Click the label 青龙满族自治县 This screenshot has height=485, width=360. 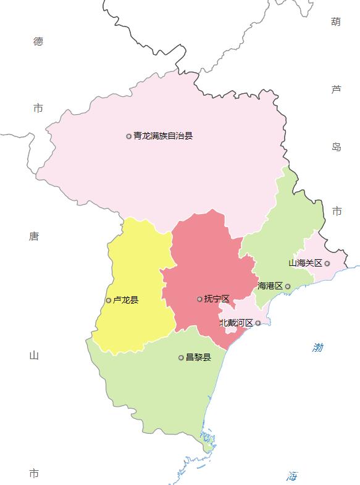pyautogui.click(x=163, y=136)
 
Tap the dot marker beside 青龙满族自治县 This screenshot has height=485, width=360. pyautogui.click(x=129, y=136)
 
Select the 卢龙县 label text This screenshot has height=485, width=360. pyautogui.click(x=126, y=301)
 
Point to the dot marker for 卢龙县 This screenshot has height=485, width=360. pyautogui.click(x=109, y=301)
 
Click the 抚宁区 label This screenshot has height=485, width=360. pyautogui.click(x=217, y=299)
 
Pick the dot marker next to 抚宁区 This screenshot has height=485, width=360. pyautogui.click(x=199, y=299)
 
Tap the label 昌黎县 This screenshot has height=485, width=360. pyautogui.click(x=198, y=357)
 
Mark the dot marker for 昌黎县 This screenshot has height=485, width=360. pyautogui.click(x=181, y=357)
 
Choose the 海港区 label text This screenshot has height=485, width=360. pyautogui.click(x=270, y=286)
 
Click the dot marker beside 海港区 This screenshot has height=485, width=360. pyautogui.click(x=288, y=286)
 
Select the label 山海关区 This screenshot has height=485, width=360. pyautogui.click(x=305, y=263)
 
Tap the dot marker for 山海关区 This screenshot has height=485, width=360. pyautogui.click(x=327, y=263)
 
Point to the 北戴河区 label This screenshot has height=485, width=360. pyautogui.click(x=236, y=323)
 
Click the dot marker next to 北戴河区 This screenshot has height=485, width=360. pyautogui.click(x=258, y=323)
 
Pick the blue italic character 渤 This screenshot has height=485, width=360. pyautogui.click(x=318, y=348)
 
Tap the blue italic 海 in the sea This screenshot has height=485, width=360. pyautogui.click(x=292, y=476)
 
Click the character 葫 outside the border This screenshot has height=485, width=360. pyautogui.click(x=336, y=22)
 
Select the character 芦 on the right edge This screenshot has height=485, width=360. pyautogui.click(x=336, y=89)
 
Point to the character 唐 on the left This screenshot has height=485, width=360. pyautogui.click(x=34, y=236)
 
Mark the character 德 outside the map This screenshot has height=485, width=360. pyautogui.click(x=38, y=41)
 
